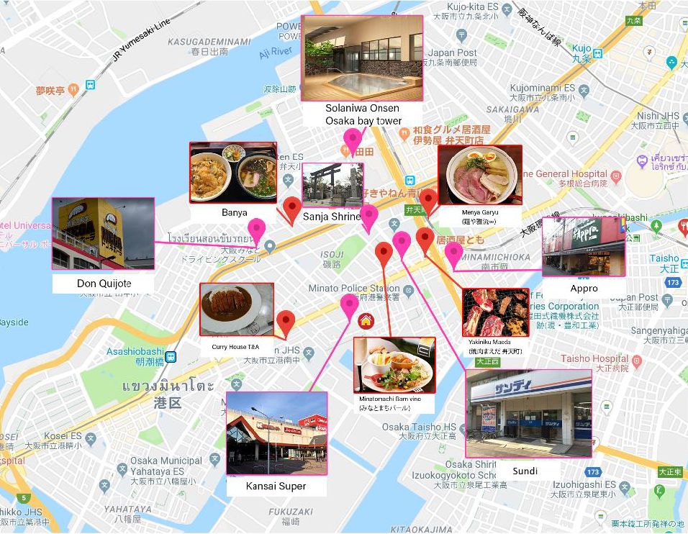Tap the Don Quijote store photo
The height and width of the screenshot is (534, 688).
pos(103,233)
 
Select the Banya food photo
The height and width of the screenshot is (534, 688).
pos(233,172)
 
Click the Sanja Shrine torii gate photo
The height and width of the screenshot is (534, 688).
pos(332,185)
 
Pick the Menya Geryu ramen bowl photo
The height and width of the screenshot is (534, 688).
pos(479,175)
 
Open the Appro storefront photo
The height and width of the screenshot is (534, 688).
pos(583,247)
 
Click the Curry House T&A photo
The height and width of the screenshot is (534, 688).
pos(236,309)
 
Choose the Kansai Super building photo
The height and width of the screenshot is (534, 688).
pos(276,433)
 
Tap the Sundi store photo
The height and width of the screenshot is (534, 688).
pos(528,414)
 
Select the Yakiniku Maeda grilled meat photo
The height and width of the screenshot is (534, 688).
pos(495,312)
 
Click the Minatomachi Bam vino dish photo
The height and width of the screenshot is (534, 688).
pos(394,364)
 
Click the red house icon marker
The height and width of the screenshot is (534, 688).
pos(366,321)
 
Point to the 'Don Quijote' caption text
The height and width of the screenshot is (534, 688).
pos(104,284)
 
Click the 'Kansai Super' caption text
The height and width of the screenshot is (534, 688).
pos(276,486)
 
